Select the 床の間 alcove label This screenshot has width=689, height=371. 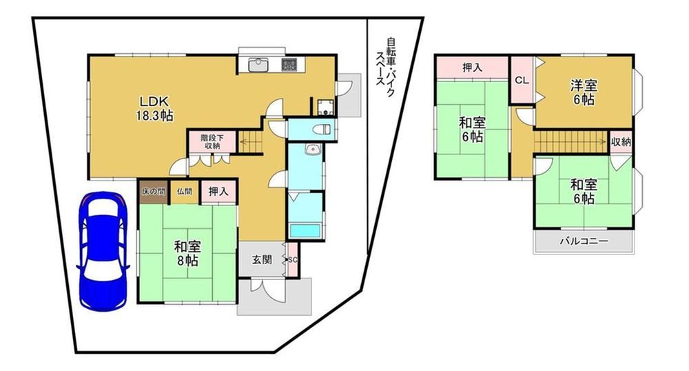click(153, 192)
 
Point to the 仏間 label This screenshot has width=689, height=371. click(185, 192)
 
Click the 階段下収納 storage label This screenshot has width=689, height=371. click(212, 141)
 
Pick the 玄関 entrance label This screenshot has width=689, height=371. click(262, 260)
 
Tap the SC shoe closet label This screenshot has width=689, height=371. click(293, 260)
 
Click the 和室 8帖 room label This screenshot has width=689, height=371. click(187, 253)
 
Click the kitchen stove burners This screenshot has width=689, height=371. click(289, 65)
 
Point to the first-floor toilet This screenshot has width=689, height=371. click(322, 129)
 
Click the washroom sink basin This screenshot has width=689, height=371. click(313, 150)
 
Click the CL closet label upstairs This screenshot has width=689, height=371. click(522, 81)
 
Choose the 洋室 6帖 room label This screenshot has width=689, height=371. click(584, 92)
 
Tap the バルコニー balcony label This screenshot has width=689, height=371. click(584, 241)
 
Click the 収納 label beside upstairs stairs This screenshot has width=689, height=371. click(621, 142)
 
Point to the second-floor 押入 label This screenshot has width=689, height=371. click(473, 68)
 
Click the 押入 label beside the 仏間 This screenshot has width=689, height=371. click(218, 192)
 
